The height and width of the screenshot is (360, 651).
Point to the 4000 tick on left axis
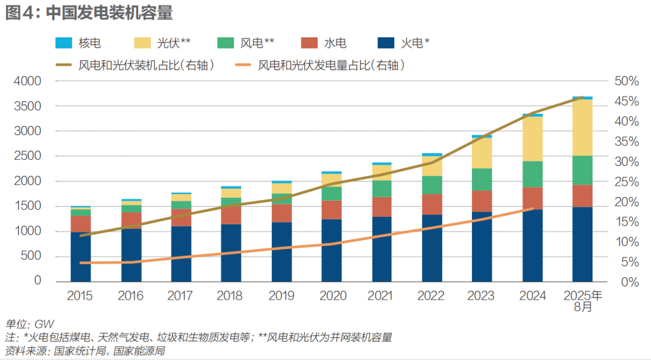pyautogui.click(x=28, y=81)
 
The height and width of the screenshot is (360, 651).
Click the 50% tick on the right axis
pyautogui.click(x=626, y=81)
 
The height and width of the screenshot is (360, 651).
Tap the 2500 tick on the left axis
pyautogui.click(x=28, y=156)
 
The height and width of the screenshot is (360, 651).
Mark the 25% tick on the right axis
pyautogui.click(x=626, y=182)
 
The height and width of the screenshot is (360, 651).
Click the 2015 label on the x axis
pyautogui.click(x=80, y=295)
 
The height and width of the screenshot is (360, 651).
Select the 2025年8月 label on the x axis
pyautogui.click(x=582, y=301)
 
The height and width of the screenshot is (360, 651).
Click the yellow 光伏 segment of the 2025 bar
pyautogui.click(x=582, y=127)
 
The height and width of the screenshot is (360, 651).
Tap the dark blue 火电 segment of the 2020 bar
pyautogui.click(x=332, y=250)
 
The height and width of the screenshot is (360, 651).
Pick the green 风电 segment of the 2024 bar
pyautogui.click(x=532, y=174)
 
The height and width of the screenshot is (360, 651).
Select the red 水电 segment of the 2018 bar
pyautogui.click(x=231, y=215)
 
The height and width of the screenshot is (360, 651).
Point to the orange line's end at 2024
pyautogui.click(x=533, y=209)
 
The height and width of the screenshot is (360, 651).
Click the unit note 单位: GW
pyautogui.click(x=30, y=324)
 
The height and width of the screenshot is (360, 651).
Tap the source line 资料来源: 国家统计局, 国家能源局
pyautogui.click(x=85, y=351)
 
